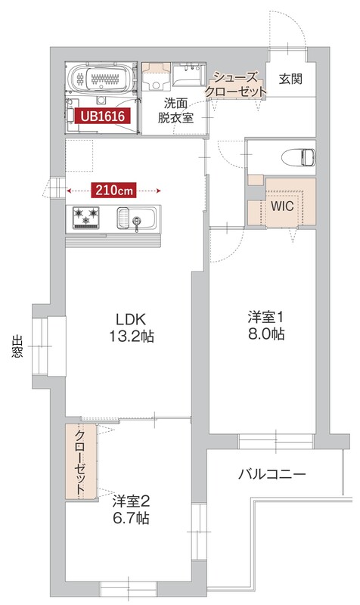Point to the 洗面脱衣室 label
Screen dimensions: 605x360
[x=175, y=110]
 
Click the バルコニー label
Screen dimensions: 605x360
[x=272, y=475]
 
